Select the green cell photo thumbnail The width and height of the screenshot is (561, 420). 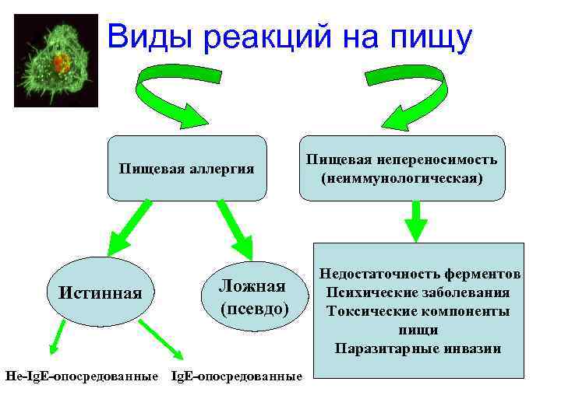click(x=56, y=61)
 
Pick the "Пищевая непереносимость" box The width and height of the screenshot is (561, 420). click(x=402, y=168)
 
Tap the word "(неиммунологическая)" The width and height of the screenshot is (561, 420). click(x=402, y=178)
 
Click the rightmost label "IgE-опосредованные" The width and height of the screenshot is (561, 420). click(x=236, y=376)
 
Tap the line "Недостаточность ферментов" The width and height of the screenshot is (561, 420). click(x=418, y=275)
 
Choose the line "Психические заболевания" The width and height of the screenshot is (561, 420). click(x=418, y=292)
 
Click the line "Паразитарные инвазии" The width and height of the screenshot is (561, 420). click(x=418, y=348)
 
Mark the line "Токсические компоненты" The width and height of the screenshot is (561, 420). click(x=418, y=311)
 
